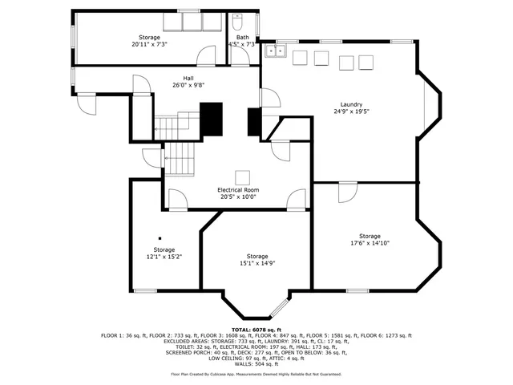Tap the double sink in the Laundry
[277, 52]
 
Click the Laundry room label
[351, 104]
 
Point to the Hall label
[188, 78]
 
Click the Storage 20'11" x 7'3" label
[149, 44]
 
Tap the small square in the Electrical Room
[241, 177]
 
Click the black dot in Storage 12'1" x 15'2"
[160, 237]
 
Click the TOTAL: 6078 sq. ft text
[256, 330]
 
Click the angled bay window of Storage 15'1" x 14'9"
[279, 307]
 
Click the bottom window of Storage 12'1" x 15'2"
[145, 290]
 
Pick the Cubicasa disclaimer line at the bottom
[256, 374]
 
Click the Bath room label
[242, 38]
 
